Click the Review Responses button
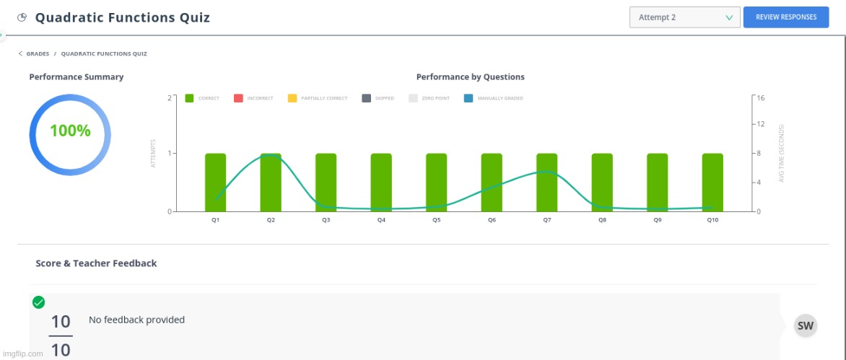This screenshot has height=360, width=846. pos(785,17)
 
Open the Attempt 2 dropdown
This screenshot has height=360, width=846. pos(685,17)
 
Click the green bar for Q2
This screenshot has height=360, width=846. pos(271,183)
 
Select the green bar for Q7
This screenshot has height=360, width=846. pos(547,183)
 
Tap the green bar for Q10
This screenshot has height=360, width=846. pos(712,183)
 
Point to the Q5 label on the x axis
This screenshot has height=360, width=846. pos(437,221)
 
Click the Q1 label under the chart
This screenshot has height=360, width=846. pos(215,221)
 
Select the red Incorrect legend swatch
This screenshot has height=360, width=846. pos(238,99)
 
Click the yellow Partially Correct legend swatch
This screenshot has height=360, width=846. pos(292,99)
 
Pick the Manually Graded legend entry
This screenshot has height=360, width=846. pos(493,99)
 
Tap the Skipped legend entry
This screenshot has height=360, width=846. pos(378,99)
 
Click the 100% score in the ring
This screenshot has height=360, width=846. pos(70,131)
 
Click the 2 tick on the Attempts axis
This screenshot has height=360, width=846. pos(170,98)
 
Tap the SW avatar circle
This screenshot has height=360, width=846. pos(806,325)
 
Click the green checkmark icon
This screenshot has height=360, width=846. pos(38,302)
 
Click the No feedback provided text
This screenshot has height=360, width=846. pos(136,320)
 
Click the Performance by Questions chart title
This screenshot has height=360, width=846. pos(471,77)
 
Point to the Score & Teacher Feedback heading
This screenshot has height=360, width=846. pos(96,263)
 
